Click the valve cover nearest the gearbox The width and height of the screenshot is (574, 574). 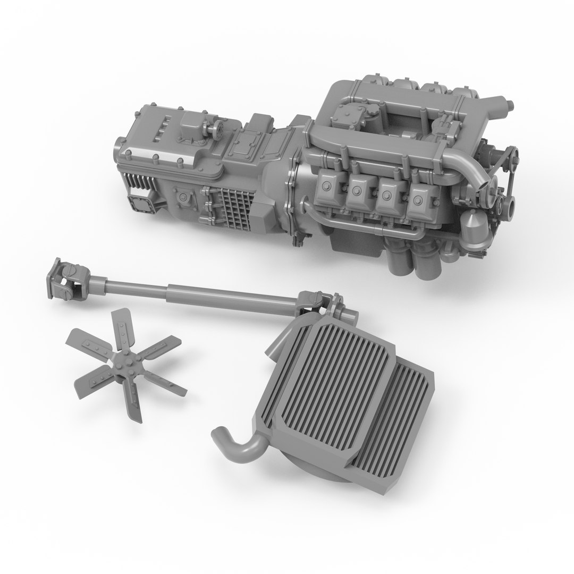327,187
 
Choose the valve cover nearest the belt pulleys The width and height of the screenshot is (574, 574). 420,199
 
